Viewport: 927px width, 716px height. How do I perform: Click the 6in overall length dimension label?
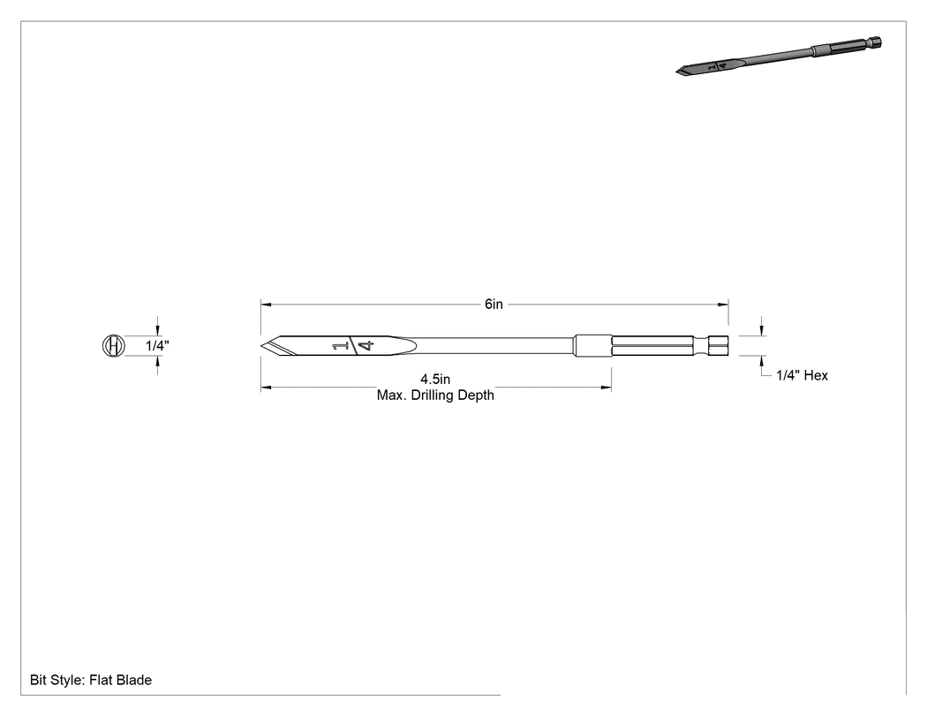pyautogui.click(x=494, y=304)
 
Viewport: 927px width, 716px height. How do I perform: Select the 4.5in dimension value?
pyautogui.click(x=435, y=379)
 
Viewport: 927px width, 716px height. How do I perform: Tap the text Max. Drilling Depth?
pyautogui.click(x=435, y=395)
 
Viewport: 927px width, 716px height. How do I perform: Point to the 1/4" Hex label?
pyautogui.click(x=802, y=375)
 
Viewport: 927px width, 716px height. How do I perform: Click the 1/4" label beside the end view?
pyautogui.click(x=158, y=345)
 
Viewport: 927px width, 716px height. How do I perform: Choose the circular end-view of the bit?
pyautogui.click(x=114, y=345)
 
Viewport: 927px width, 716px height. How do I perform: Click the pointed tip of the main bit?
pyautogui.click(x=261, y=345)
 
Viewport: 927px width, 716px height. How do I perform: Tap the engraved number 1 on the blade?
pyautogui.click(x=339, y=346)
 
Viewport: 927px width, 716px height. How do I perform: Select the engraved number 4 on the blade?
pyautogui.click(x=367, y=345)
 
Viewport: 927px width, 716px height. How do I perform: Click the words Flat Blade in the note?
pyautogui.click(x=121, y=680)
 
